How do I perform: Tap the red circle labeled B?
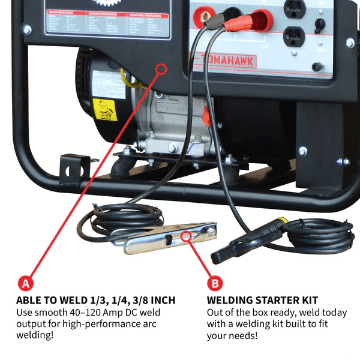pos(214,281)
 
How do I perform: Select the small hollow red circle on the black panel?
pos(161,70)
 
